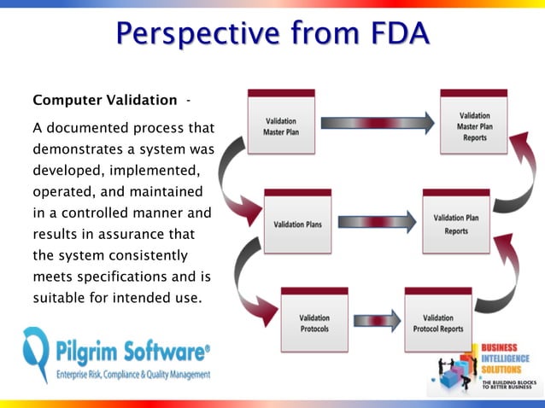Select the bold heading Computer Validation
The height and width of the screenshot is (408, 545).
(105, 100)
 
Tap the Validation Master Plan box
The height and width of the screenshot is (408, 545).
(281, 127)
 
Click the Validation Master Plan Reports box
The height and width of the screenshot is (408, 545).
(474, 125)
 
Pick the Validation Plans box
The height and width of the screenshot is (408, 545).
(297, 224)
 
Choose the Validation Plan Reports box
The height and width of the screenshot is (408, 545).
(456, 223)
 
